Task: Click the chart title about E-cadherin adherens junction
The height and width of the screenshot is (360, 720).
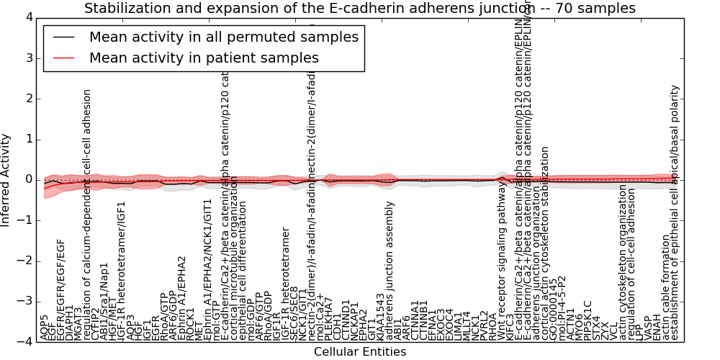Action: (x=360, y=9)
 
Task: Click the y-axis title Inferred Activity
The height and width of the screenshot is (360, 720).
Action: (x=6, y=179)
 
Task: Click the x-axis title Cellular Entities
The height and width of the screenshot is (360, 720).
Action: (x=360, y=352)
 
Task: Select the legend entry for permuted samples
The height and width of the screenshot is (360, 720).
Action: (x=224, y=37)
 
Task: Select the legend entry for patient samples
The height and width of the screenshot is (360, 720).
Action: (x=204, y=58)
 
